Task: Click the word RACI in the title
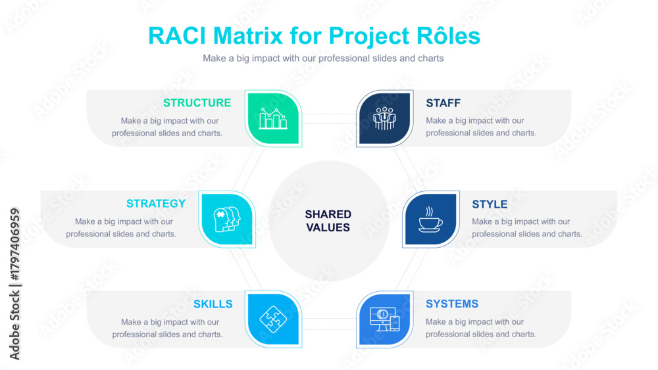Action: pyautogui.click(x=177, y=36)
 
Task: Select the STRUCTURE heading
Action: pyautogui.click(x=197, y=103)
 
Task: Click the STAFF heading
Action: pyautogui.click(x=443, y=103)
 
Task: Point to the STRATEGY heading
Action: pyautogui.click(x=156, y=204)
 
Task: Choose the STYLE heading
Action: pyautogui.click(x=490, y=204)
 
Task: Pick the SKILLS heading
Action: pyautogui.click(x=213, y=304)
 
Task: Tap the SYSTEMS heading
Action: pyautogui.click(x=452, y=304)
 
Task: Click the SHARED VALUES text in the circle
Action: pyautogui.click(x=328, y=221)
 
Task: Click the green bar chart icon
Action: pyautogui.click(x=273, y=118)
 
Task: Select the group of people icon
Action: pyautogui.click(x=384, y=118)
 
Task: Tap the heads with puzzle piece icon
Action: pyautogui.click(x=227, y=219)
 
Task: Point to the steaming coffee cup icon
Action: pyautogui.click(x=430, y=219)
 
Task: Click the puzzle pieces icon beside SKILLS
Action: pyautogui.click(x=273, y=319)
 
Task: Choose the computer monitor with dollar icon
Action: pyautogui.click(x=384, y=319)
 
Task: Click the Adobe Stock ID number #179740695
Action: pyautogui.click(x=14, y=244)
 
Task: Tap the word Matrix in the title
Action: pyautogui.click(x=248, y=36)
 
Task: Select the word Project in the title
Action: pyautogui.click(x=369, y=37)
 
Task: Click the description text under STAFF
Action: pyautogui.click(x=481, y=127)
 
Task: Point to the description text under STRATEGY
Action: pyautogui.click(x=121, y=227)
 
